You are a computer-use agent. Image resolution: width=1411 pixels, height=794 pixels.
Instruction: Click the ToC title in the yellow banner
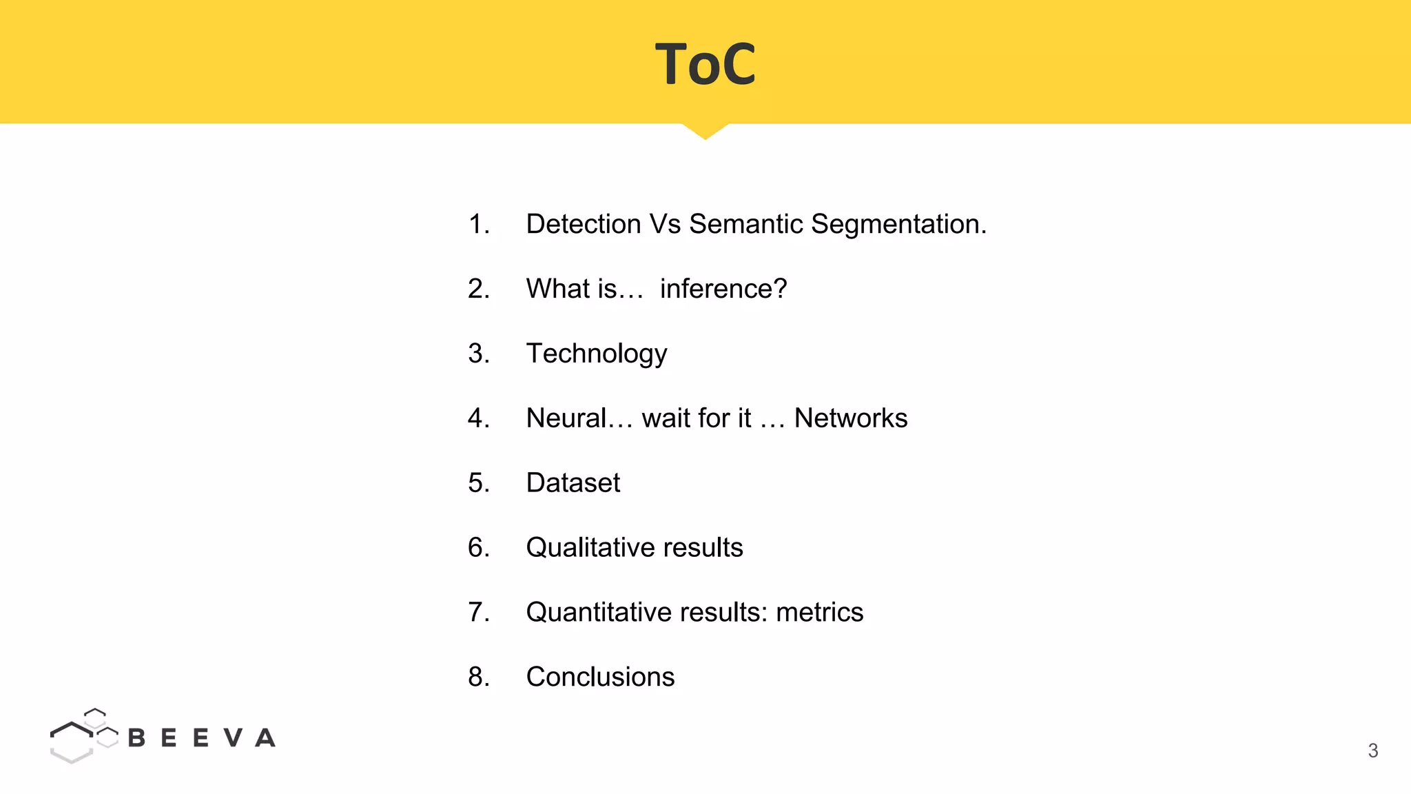(705, 64)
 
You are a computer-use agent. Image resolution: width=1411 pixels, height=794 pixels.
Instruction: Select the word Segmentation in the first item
(898, 224)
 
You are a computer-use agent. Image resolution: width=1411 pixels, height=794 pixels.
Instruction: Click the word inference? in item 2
(723, 289)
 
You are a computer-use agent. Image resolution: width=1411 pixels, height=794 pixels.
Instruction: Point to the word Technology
(596, 354)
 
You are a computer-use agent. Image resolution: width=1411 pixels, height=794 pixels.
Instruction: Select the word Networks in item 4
(850, 418)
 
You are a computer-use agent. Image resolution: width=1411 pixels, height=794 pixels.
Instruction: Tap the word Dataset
(573, 482)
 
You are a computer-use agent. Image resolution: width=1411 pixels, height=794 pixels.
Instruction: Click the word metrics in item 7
(819, 612)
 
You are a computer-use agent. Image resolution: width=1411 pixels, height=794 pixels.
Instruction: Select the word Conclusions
(600, 677)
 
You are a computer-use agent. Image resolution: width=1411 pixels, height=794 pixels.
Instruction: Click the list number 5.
(478, 482)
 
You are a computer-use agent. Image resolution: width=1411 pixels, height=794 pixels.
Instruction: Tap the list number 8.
(478, 677)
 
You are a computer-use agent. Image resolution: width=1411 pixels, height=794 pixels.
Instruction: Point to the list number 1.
(478, 224)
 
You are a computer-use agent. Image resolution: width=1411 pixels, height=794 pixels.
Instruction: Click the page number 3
(1372, 751)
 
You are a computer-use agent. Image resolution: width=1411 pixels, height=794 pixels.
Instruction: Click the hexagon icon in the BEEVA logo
(81, 736)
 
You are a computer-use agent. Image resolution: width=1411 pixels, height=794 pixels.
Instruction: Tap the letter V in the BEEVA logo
(234, 738)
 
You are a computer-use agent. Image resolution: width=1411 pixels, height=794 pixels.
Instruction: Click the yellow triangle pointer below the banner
(705, 130)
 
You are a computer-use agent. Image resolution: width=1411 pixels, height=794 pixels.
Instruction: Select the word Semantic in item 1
(745, 224)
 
